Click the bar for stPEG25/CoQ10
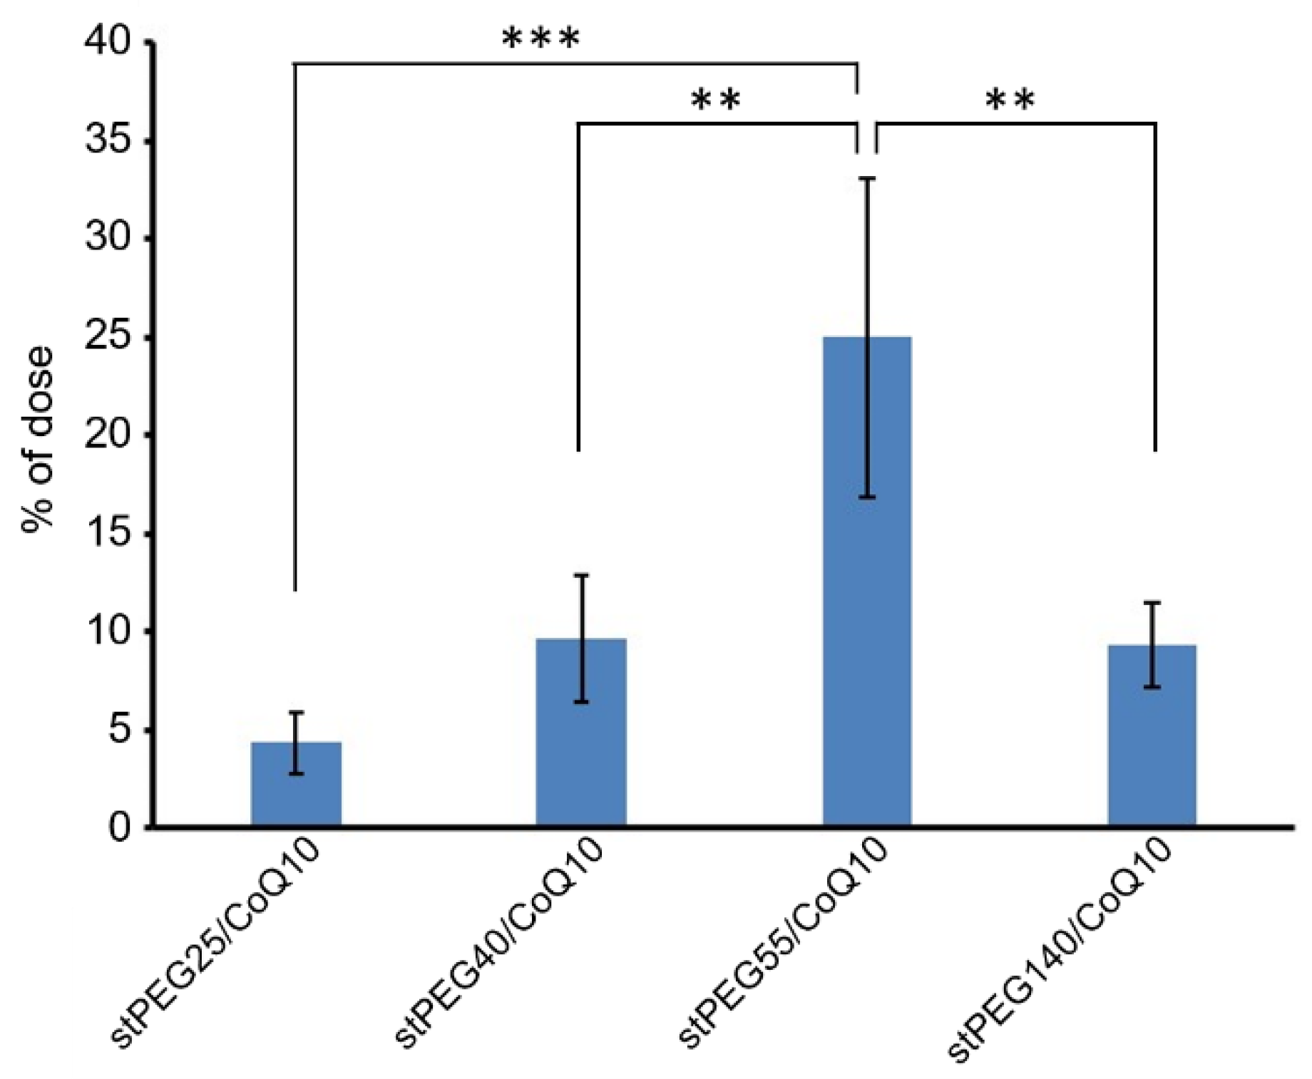point(296,784)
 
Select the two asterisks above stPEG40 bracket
point(716,102)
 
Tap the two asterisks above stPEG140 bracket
point(1010,102)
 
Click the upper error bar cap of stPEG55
point(867,178)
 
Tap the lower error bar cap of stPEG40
point(581,702)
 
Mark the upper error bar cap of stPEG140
point(1152,603)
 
